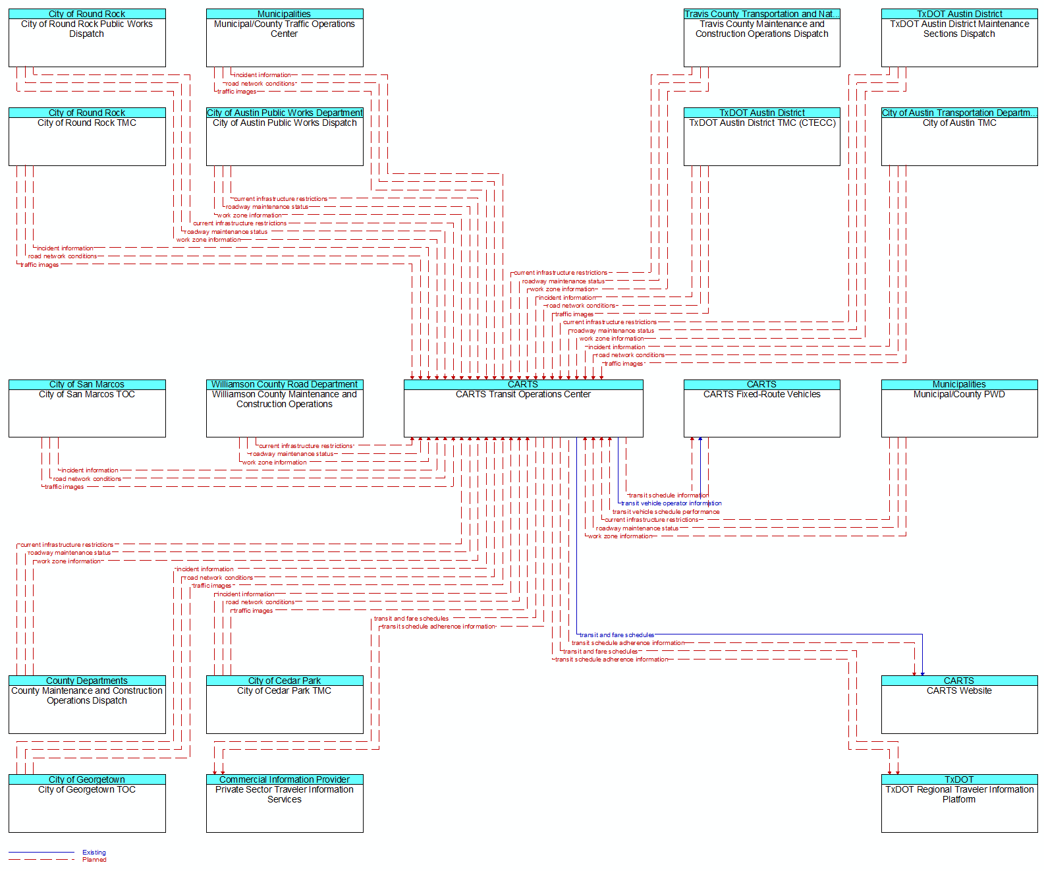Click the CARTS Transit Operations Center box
pos(523,408)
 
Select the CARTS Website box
pos(959,704)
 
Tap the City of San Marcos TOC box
pos(87,408)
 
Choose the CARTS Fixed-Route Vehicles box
pos(761,408)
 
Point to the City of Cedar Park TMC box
pos(285,704)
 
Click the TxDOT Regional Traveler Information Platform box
pos(959,803)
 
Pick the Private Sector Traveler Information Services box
pos(285,803)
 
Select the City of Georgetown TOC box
pos(87,803)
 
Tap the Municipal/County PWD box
pos(959,408)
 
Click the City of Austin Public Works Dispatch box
pos(285,136)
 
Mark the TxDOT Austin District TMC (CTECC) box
pos(761,136)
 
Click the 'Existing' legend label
pos(94,852)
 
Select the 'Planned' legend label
pos(94,860)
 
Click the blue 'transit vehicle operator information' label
pos(671,503)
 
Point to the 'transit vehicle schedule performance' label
pos(666,512)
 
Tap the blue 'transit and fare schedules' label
pos(617,635)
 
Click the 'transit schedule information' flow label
pos(669,495)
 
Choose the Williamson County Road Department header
pos(285,384)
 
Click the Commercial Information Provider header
pos(285,779)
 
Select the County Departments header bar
pos(87,681)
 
